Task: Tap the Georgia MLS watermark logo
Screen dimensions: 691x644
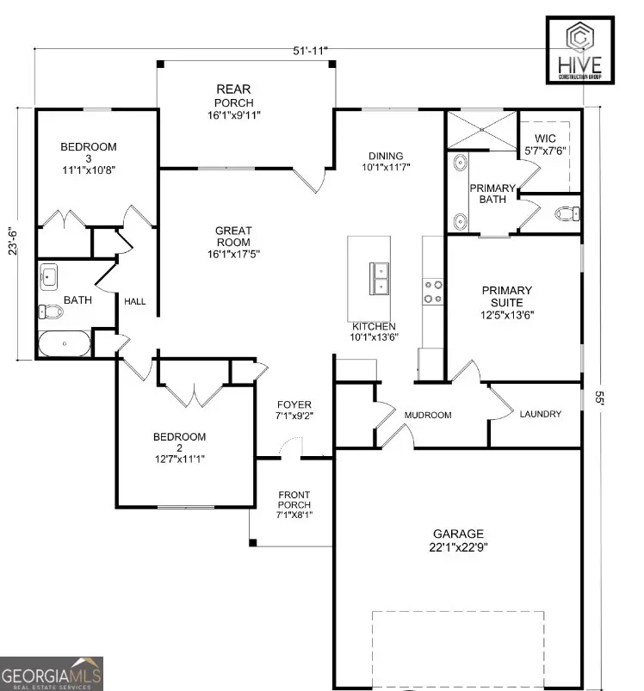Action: (52, 672)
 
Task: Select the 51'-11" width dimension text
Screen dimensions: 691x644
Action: (310, 52)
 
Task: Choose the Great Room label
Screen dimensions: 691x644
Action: (233, 242)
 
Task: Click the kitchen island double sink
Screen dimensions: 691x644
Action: (380, 279)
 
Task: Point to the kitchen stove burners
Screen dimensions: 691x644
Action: (432, 292)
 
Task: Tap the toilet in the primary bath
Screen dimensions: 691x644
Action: (567, 213)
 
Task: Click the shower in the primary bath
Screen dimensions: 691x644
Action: (480, 133)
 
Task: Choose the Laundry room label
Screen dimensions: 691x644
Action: (540, 414)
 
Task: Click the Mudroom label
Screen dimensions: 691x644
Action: (428, 415)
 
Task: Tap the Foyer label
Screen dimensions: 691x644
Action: (294, 410)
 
